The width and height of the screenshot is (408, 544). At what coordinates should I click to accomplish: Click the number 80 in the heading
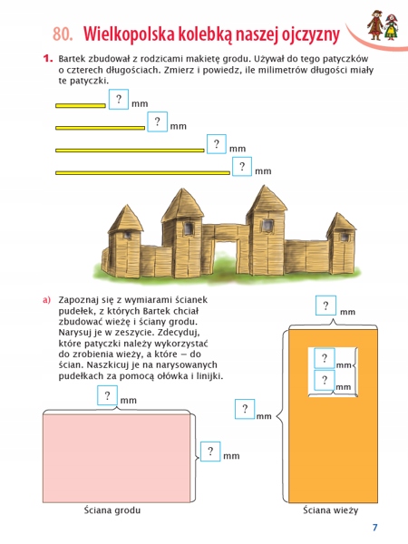point(62,34)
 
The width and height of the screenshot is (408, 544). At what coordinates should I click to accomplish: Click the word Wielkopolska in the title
point(127,34)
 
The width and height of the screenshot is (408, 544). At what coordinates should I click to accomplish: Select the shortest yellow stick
point(81,105)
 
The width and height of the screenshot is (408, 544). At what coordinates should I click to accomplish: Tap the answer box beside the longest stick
point(242,167)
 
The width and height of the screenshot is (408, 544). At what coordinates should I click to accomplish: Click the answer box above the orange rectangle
point(324,306)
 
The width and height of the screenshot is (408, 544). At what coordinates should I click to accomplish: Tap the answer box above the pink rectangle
point(108,395)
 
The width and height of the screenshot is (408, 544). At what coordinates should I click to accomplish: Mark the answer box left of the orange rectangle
point(244,410)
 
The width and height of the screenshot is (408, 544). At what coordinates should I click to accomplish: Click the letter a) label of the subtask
point(44,299)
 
